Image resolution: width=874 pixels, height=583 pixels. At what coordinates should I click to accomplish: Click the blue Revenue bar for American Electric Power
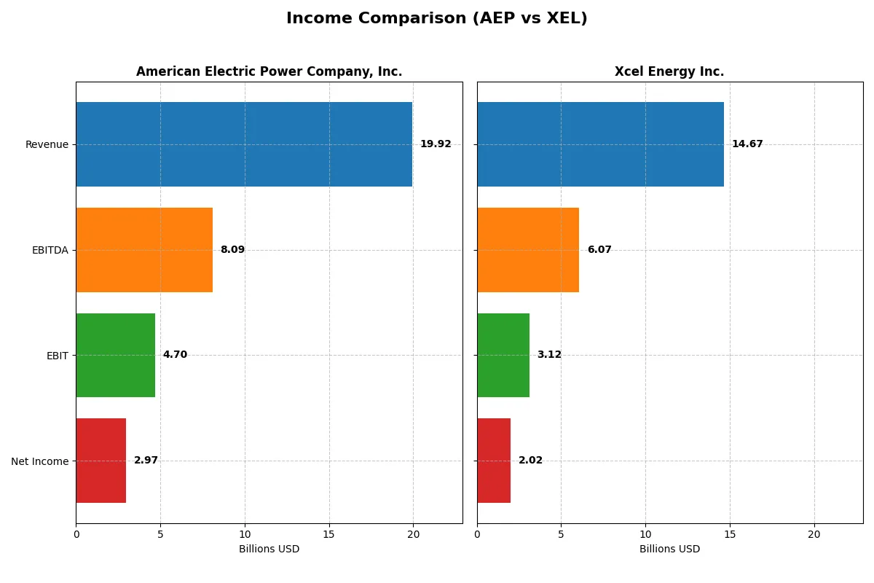click(244, 144)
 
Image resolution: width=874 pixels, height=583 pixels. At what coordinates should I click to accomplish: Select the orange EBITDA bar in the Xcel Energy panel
click(528, 250)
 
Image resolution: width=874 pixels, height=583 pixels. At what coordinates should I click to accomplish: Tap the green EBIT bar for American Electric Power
click(115, 355)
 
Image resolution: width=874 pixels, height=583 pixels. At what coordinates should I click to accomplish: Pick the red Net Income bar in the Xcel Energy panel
click(494, 461)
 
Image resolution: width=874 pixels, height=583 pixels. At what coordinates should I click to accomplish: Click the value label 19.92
click(436, 144)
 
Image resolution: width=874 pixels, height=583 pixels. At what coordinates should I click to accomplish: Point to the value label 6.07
click(599, 250)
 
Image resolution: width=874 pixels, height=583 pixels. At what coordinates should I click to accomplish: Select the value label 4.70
click(175, 355)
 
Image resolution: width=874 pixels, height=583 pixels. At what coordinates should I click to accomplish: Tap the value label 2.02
click(530, 461)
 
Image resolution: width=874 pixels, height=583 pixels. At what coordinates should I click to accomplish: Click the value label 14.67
click(747, 144)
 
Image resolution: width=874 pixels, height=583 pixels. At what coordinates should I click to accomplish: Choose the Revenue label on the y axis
click(47, 144)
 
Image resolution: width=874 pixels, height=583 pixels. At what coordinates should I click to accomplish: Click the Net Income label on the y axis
click(40, 461)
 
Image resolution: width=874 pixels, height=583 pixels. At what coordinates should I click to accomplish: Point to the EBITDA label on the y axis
click(50, 250)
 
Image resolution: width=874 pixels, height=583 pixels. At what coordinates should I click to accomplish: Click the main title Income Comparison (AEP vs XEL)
click(436, 18)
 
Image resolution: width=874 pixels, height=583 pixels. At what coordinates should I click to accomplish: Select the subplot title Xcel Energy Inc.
click(669, 71)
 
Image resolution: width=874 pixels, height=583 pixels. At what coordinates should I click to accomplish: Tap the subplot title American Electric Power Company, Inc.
click(269, 71)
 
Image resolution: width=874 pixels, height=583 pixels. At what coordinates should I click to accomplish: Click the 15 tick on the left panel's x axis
click(328, 534)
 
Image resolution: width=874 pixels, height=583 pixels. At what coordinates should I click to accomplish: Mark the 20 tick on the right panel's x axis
click(814, 534)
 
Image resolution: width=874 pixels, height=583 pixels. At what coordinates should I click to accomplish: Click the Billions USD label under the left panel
click(269, 549)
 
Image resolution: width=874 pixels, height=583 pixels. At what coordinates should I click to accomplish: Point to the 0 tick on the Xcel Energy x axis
click(477, 534)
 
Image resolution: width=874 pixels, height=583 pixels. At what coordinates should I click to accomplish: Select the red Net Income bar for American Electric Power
click(101, 461)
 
